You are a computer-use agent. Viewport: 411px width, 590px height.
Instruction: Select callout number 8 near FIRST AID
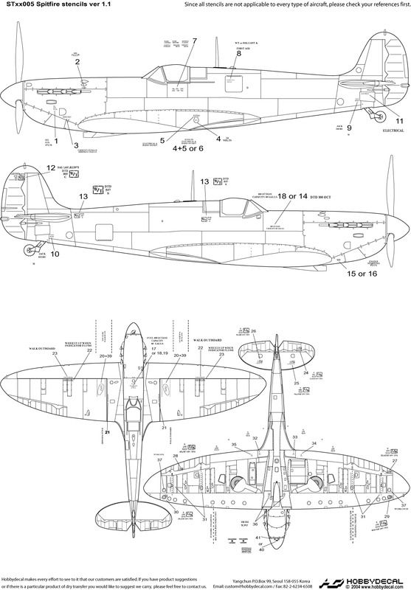238,53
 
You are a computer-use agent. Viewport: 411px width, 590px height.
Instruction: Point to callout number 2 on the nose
77,62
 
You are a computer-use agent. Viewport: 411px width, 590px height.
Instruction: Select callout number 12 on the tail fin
50,168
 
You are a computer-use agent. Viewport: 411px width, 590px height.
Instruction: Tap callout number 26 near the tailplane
254,331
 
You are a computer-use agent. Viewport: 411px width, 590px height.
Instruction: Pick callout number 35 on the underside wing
234,445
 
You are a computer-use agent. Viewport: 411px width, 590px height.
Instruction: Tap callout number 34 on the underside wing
314,443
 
